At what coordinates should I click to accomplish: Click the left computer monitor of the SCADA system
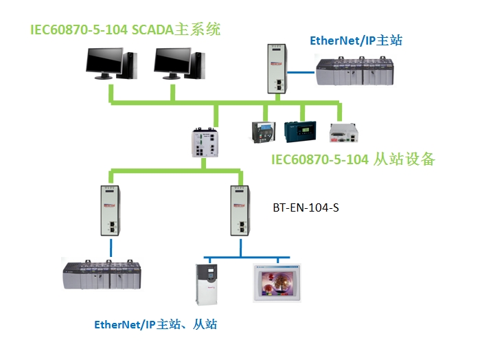[105, 64]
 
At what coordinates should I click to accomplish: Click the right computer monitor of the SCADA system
[172, 64]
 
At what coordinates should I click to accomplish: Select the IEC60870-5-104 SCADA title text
[128, 31]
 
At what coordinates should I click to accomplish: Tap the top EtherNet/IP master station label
[356, 41]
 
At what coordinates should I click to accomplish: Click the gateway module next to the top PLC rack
[277, 67]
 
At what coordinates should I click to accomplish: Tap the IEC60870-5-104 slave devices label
[353, 159]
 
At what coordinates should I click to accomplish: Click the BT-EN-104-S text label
[306, 205]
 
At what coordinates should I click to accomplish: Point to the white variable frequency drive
[206, 282]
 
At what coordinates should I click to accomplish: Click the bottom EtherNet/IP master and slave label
[155, 324]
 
